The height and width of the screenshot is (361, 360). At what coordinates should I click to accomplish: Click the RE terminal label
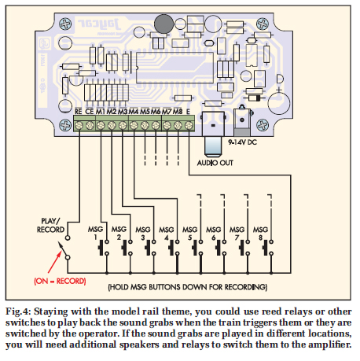tap(79, 112)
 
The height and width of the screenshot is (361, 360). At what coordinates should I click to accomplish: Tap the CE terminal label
tap(90, 112)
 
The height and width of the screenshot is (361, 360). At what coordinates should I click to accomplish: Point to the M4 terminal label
tap(134, 112)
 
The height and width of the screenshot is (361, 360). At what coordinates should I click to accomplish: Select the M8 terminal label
tap(178, 112)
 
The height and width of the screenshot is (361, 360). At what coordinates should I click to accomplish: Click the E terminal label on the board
tap(189, 112)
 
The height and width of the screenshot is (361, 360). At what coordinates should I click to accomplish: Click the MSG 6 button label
tap(215, 232)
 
